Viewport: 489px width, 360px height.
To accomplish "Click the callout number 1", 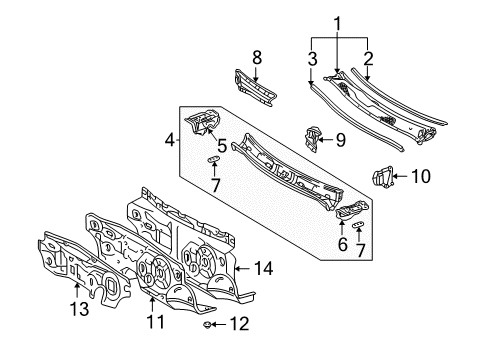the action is coord(338,25).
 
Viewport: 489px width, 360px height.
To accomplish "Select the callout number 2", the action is coord(368,59).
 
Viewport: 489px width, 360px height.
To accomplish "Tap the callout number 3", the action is coord(312,59).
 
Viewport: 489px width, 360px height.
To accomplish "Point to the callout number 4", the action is coord(170,140).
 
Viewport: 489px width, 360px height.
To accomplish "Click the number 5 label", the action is coord(222,146).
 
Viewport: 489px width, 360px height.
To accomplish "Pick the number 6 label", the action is coord(343,244).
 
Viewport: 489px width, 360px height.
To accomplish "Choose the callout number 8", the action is coord(257,58).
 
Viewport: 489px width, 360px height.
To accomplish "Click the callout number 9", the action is coord(340,140).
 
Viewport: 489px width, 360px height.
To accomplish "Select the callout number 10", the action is coord(421,176).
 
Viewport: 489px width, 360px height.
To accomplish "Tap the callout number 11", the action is coord(156,321).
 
